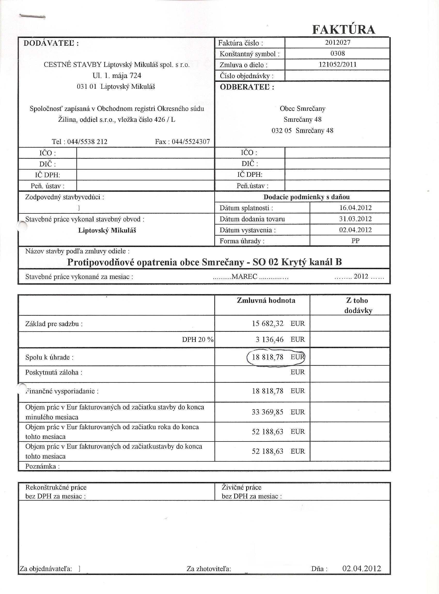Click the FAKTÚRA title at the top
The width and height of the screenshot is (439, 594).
[x=344, y=29]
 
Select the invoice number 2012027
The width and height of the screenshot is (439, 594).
[x=338, y=43]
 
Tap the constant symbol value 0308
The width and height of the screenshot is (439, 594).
[x=338, y=53]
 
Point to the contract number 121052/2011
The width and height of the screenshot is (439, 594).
[x=338, y=65]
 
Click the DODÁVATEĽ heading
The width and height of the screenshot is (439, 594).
[x=51, y=43]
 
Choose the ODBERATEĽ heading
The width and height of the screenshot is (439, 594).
[x=247, y=87]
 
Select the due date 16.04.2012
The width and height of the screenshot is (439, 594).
[x=355, y=208]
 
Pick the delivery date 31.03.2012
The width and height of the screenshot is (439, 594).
[x=355, y=219]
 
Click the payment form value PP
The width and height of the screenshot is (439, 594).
[x=355, y=241]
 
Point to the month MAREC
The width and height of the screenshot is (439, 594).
[x=244, y=277]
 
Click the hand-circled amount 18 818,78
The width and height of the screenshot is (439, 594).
[x=268, y=357]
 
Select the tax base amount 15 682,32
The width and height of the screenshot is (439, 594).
[x=268, y=323]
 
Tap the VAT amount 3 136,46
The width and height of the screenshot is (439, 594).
[x=268, y=339]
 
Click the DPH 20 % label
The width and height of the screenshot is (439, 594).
[x=198, y=340]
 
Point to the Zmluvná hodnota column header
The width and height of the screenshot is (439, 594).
[x=266, y=301]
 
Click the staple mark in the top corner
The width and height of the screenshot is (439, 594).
[x=32, y=17]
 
